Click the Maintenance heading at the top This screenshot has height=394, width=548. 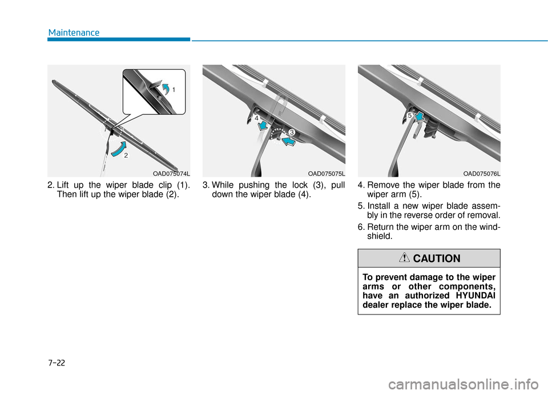pos(74,33)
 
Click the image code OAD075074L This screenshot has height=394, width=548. pos(171,173)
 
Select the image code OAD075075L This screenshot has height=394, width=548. pos(327,173)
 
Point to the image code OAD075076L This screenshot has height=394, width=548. pos(482,173)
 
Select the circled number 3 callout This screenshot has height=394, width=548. pos(291,132)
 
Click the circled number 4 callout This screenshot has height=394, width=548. pos(257,117)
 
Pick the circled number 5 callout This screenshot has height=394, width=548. pos(410,115)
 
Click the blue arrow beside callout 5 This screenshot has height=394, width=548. pos(420,117)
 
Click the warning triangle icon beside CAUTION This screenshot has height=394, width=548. pos(405,258)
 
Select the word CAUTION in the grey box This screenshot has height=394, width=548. pos(437,258)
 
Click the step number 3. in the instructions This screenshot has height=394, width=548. pos(206,185)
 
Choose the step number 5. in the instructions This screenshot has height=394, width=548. pos(361,206)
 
